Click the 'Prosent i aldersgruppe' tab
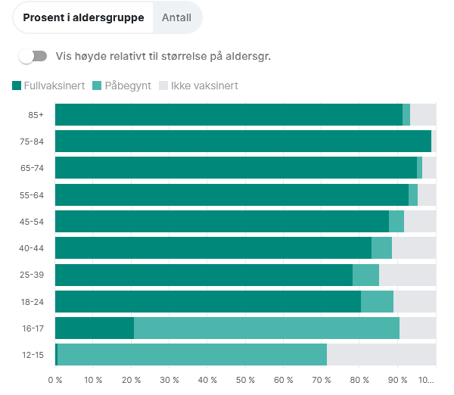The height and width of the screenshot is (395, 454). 83,17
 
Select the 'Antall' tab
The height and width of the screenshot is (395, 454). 176,17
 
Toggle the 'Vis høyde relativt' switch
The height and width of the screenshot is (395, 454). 33,56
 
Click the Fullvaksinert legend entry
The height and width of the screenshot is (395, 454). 48,86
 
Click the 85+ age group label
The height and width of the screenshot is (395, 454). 36,114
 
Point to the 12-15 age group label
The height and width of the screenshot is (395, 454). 33,354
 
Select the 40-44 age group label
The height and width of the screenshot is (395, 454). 33,247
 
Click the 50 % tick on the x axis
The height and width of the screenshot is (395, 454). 245,380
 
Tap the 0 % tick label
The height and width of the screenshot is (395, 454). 55,380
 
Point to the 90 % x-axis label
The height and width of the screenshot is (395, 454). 397,380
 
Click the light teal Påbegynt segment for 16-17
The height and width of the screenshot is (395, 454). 266,328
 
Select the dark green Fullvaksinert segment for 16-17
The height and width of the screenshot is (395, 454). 95,328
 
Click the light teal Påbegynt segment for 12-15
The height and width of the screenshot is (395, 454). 191,354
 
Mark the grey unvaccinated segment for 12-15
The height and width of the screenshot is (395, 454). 381,354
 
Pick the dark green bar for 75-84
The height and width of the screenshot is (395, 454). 242,141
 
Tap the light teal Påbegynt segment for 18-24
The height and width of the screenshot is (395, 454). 377,301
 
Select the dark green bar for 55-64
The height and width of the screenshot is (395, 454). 232,194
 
